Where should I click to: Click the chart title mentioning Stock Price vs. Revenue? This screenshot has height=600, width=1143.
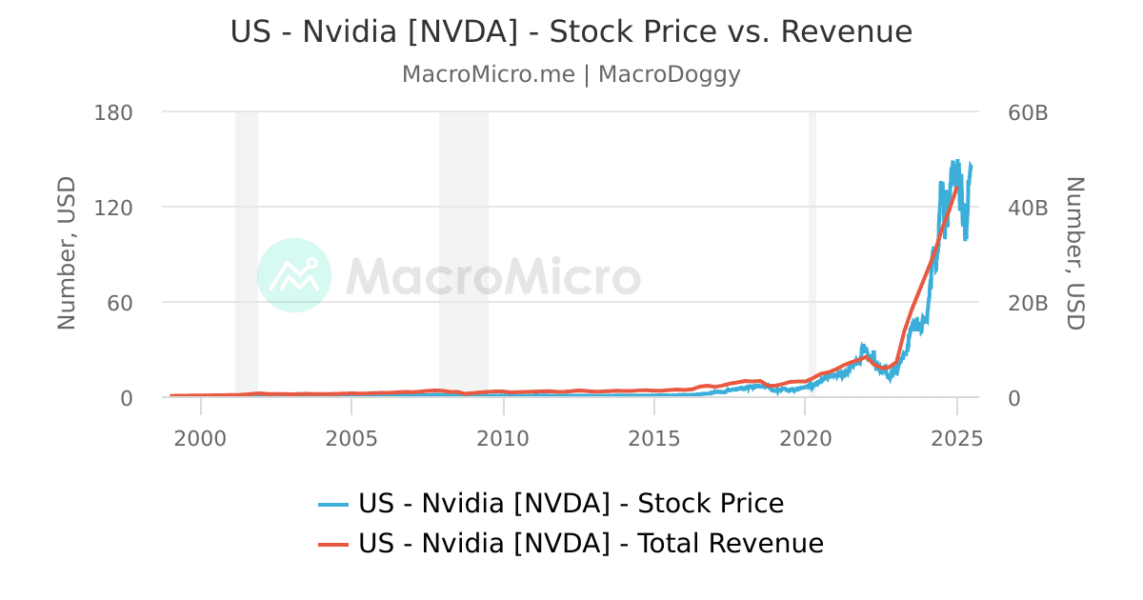pyautogui.click(x=571, y=31)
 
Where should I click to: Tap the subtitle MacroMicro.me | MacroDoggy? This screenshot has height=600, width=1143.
pyautogui.click(x=571, y=74)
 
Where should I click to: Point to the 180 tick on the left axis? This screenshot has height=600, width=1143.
pyautogui.click(x=113, y=112)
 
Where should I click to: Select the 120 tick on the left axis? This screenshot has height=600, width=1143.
pyautogui.click(x=113, y=208)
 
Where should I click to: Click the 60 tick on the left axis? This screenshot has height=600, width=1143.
pyautogui.click(x=120, y=303)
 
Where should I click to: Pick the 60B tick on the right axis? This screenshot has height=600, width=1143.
pyautogui.click(x=1028, y=112)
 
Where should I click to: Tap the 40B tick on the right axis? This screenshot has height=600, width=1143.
pyautogui.click(x=1028, y=208)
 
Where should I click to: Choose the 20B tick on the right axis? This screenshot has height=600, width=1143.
pyautogui.click(x=1028, y=303)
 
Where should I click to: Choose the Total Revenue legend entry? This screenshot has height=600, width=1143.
pyautogui.click(x=571, y=544)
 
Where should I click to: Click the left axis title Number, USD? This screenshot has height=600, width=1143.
pyautogui.click(x=66, y=253)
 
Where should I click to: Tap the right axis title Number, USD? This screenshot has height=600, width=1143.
pyautogui.click(x=1074, y=253)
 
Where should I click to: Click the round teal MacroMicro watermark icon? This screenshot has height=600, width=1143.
pyautogui.click(x=294, y=275)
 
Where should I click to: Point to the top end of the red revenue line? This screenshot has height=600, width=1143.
pyautogui.click(x=956, y=187)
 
